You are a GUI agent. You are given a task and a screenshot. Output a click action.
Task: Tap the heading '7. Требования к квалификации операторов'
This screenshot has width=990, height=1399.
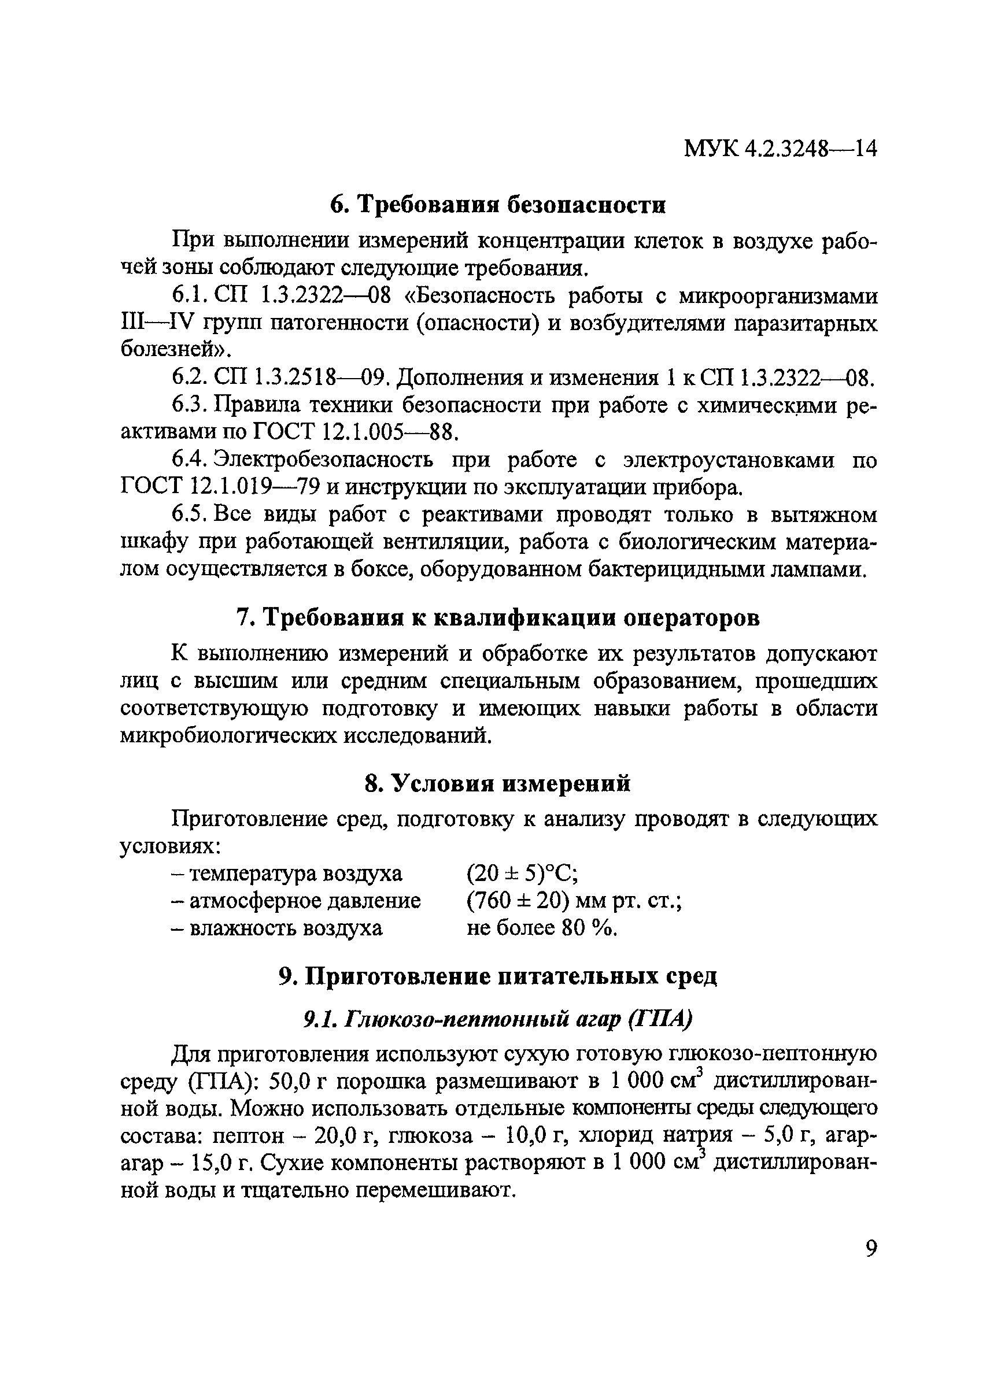[x=497, y=619]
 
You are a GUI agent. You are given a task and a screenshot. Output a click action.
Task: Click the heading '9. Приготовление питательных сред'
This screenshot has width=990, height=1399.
[x=497, y=976]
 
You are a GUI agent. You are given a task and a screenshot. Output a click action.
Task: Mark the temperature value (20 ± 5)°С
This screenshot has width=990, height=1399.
[x=522, y=874]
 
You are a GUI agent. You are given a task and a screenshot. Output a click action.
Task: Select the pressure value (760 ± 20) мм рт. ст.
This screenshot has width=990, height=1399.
[x=574, y=901]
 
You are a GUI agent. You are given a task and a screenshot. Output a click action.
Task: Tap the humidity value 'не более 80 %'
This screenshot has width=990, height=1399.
[x=542, y=927]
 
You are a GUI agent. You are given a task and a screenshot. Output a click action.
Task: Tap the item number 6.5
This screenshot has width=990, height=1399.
[x=190, y=515]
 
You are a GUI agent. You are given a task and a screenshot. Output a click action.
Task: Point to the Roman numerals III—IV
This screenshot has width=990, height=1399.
[x=157, y=324]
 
